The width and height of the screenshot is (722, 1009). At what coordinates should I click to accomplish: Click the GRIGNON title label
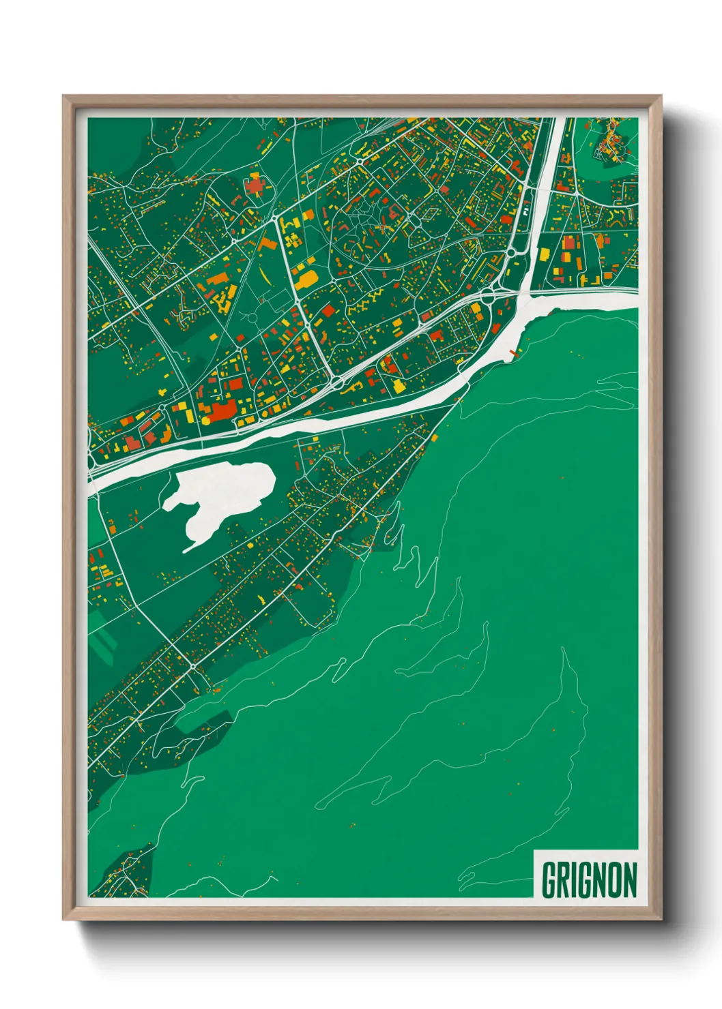[589, 879]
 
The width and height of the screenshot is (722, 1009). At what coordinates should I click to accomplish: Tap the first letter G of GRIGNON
[549, 880]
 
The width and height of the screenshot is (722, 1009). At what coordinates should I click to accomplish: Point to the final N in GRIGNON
[629, 880]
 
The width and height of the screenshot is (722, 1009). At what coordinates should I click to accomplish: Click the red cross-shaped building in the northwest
[255, 185]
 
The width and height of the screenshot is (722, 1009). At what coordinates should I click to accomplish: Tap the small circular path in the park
[252, 318]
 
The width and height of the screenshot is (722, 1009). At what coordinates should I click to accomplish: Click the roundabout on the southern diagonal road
[193, 665]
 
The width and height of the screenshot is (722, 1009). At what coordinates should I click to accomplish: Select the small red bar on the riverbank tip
[513, 352]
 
